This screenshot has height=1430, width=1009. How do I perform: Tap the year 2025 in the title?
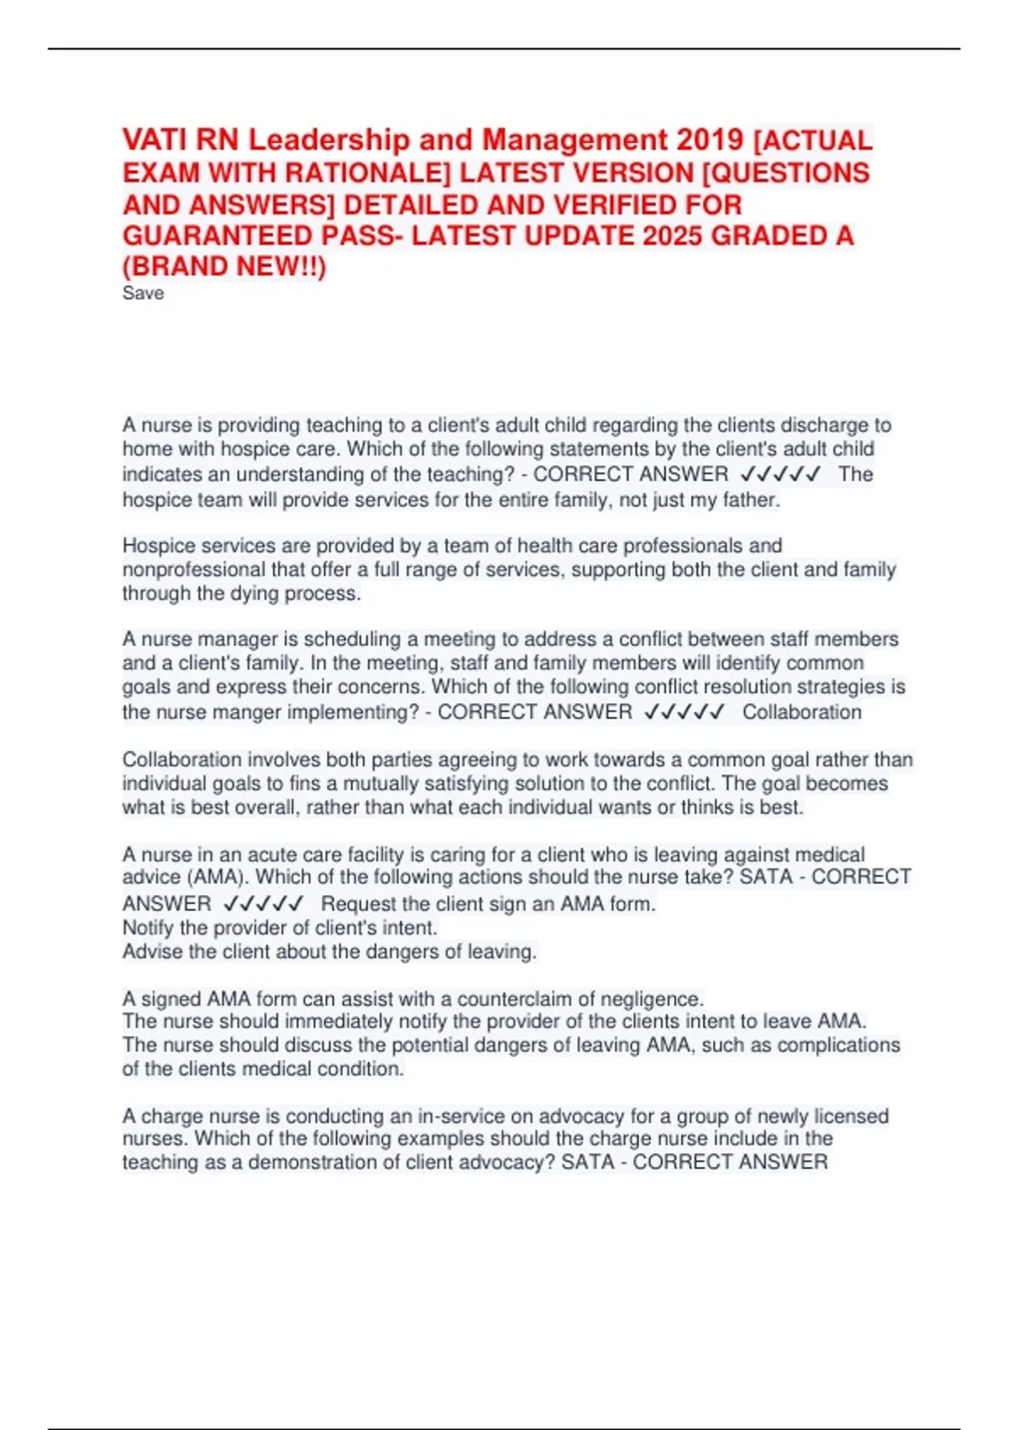[x=674, y=236]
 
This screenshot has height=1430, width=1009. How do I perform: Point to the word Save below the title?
[x=143, y=294]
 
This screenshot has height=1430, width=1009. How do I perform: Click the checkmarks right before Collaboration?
[x=684, y=712]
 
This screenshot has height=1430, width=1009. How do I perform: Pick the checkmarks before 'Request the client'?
[x=263, y=904]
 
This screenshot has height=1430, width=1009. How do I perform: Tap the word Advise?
[x=152, y=952]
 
